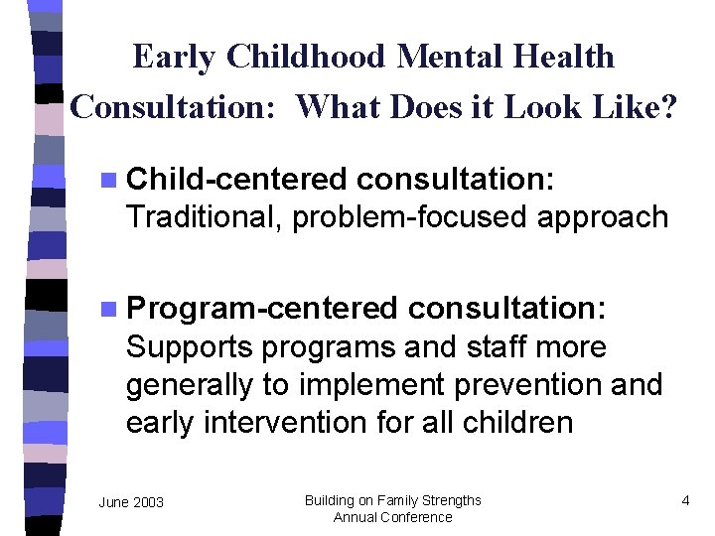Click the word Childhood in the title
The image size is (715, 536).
pos(307,58)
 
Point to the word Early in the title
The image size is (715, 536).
pos(175,58)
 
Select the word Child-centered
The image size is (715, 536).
pos(236,180)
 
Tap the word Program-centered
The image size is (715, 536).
pos(261,309)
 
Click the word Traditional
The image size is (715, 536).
pos(204,216)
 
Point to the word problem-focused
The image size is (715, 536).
pos(411,216)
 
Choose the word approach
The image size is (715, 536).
pos(603,216)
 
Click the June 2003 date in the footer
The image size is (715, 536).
pos(131,503)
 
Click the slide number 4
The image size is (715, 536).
pos(685,500)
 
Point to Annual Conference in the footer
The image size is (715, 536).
pos(392,517)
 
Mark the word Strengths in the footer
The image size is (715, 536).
pos(450,500)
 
